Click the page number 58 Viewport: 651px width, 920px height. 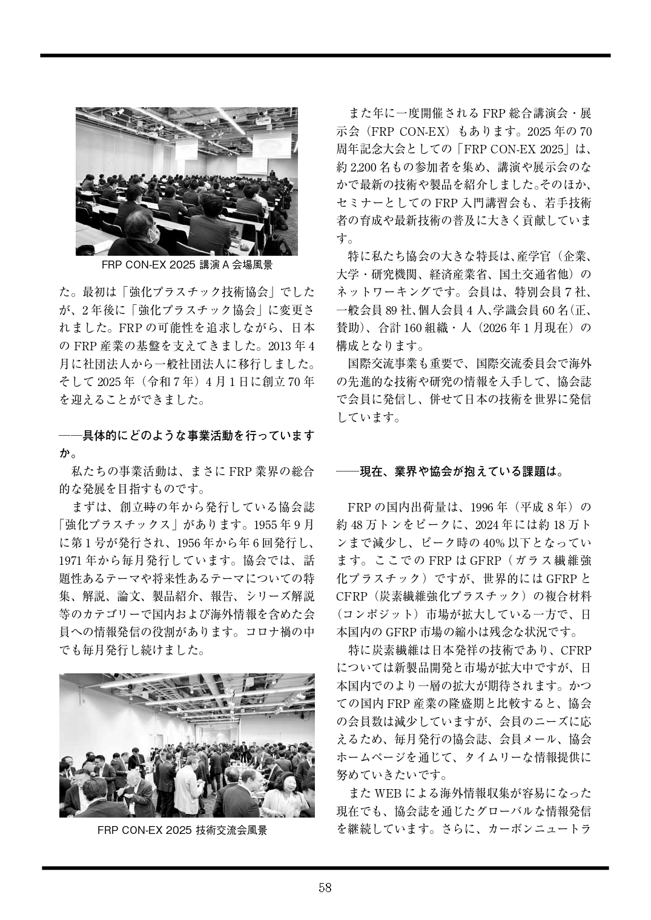[325, 888]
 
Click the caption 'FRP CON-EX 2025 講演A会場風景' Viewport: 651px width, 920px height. [187, 265]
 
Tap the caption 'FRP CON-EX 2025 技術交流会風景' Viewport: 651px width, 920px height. [182, 830]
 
